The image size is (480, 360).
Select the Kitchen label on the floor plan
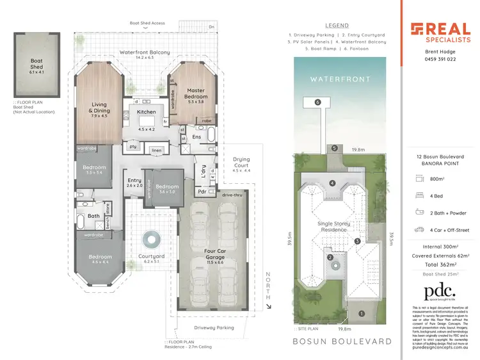[147, 112]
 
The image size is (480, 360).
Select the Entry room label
[134, 183]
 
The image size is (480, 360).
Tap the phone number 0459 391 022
[440, 59]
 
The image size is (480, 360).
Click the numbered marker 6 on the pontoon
[317, 102]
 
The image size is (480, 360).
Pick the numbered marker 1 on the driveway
[361, 314]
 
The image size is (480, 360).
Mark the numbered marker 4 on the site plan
[332, 183]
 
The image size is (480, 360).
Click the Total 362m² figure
[440, 264]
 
